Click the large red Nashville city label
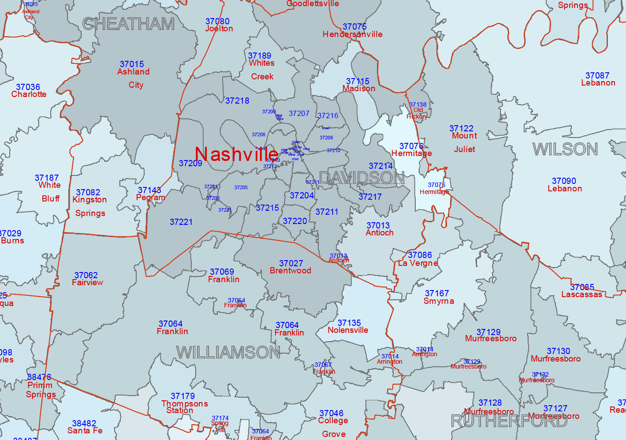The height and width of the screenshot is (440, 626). [236, 154]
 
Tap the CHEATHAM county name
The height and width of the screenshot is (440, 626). [129, 24]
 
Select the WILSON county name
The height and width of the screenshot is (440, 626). [565, 149]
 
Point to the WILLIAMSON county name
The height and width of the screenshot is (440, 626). [228, 352]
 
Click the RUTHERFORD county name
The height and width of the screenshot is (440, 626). [509, 421]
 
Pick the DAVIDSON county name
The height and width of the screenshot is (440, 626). [361, 178]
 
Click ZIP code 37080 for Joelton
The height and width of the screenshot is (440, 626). [218, 22]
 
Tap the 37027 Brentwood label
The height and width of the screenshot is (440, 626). [291, 267]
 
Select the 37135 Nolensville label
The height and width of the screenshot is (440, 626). [349, 327]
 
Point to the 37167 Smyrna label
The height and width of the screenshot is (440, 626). [438, 297]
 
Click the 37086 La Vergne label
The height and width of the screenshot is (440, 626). [419, 259]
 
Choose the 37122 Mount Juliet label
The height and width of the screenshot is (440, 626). [462, 138]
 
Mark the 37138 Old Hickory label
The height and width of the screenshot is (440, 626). [417, 110]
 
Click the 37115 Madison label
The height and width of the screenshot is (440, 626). [358, 85]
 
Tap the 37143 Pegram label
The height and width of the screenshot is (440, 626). [150, 194]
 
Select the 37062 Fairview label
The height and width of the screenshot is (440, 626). [87, 279]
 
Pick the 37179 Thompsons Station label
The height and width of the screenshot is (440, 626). [183, 403]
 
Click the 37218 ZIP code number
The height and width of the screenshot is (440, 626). [237, 101]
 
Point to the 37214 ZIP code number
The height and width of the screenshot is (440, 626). [380, 166]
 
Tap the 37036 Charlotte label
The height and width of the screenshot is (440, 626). [28, 91]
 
